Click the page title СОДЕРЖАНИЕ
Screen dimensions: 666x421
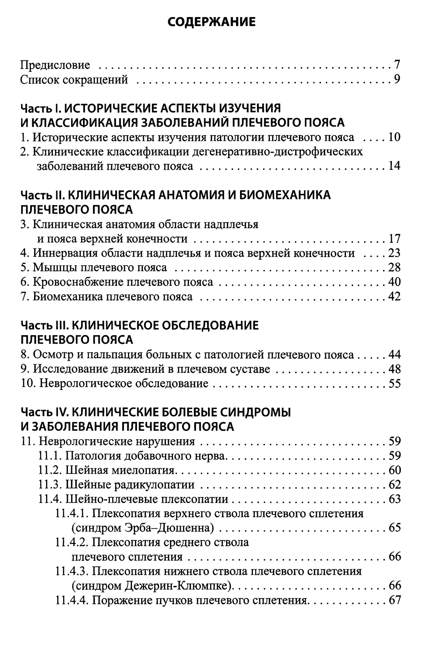coord(212,22)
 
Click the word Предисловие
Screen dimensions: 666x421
coord(55,65)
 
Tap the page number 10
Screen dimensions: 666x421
coord(394,137)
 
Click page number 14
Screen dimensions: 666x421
coord(394,166)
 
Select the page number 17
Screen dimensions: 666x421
coord(394,239)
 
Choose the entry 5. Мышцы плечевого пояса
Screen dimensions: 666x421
coord(94,267)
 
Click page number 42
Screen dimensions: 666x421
coord(394,297)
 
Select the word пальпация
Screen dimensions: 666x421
coord(119,355)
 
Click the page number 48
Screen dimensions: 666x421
coord(394,369)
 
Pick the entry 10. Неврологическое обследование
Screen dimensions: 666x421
coord(114,384)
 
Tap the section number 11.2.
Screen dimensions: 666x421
coord(50,470)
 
